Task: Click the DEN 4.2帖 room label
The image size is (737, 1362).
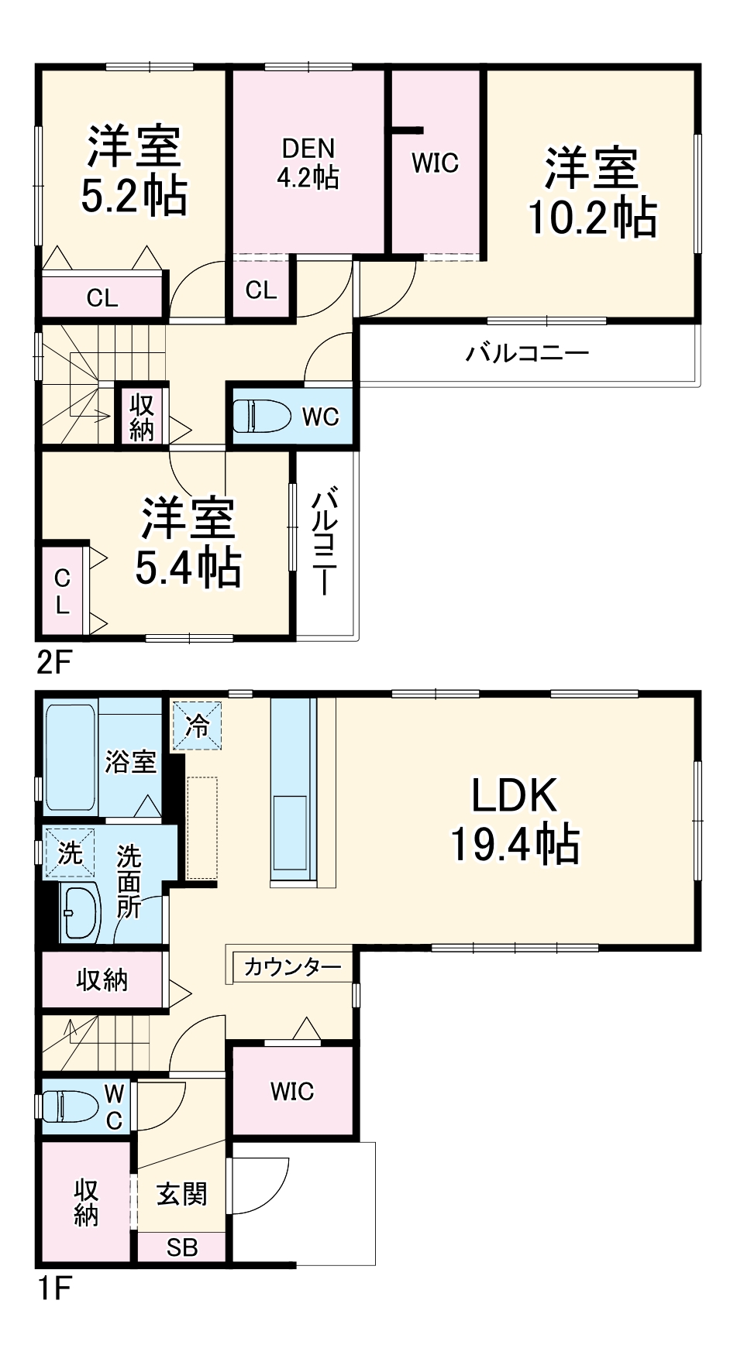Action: point(308,163)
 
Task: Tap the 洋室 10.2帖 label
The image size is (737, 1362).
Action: point(592,192)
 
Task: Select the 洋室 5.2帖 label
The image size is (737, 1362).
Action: point(134,170)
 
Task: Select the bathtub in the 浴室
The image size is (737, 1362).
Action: point(70,756)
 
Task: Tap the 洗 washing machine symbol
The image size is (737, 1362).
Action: point(69,853)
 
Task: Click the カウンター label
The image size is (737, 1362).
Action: point(292,967)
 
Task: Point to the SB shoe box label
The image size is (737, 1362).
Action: point(182,1247)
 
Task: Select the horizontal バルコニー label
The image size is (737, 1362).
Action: point(527,354)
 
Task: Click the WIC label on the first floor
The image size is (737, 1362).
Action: point(292,1092)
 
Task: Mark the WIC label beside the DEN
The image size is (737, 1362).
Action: point(435,163)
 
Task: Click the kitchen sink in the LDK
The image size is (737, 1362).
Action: point(290,833)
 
